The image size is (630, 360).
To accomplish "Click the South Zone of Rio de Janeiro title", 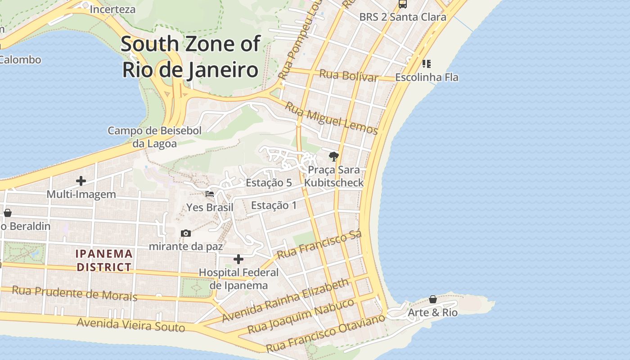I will click(x=191, y=57).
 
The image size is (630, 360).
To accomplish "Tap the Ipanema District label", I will click(x=104, y=260).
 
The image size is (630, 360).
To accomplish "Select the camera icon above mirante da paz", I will click(x=185, y=233).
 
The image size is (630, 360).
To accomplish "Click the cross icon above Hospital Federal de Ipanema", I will click(x=238, y=259).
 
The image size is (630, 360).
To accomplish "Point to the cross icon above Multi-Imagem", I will click(x=81, y=181).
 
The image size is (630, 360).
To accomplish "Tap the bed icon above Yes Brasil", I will click(x=210, y=194).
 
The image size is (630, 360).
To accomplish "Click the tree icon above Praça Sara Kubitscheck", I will click(x=333, y=156).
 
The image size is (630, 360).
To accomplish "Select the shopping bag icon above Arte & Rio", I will click(x=432, y=299).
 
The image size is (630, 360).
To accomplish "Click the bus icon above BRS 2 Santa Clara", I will click(x=403, y=4).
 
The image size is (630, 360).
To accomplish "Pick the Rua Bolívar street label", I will click(x=349, y=75).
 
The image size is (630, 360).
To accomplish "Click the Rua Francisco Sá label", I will click(x=319, y=246).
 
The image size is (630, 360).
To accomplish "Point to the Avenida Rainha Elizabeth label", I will click(x=285, y=300).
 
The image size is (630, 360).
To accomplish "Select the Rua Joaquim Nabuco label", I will click(x=301, y=316).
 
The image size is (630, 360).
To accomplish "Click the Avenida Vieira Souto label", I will click(x=130, y=324).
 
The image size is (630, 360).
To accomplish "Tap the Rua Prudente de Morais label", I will click(x=74, y=293).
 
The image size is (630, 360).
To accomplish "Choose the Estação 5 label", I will click(x=269, y=183).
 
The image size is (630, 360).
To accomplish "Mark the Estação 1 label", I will click(x=274, y=205).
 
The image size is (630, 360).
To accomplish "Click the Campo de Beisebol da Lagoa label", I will click(x=154, y=137).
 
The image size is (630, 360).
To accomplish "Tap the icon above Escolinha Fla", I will click(x=426, y=63).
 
